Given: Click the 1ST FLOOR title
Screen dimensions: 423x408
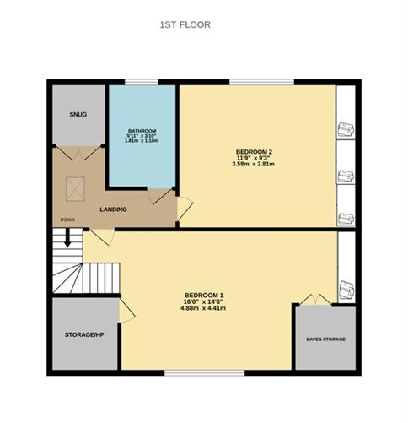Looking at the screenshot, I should click(185, 25).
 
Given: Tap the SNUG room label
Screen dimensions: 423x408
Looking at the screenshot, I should click(78, 114).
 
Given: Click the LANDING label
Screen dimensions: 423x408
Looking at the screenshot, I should click(113, 209).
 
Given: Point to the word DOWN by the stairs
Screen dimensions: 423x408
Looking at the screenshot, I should click(67, 220).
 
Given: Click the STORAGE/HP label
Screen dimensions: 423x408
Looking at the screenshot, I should click(84, 334).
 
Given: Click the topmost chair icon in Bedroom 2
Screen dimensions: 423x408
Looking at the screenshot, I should click(346, 128).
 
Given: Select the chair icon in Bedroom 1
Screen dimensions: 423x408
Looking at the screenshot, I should click(346, 288).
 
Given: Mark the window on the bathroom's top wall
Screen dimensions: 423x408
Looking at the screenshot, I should click(137, 82).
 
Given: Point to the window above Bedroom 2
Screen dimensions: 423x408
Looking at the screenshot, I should click(261, 82).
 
